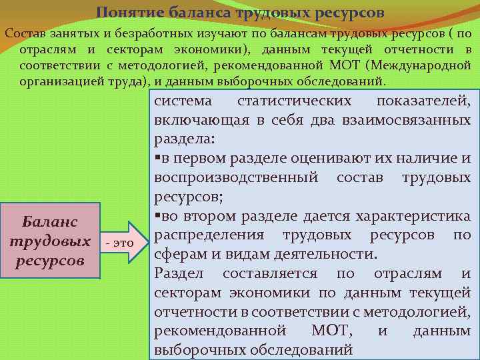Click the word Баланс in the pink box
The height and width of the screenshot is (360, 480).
(50, 221)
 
